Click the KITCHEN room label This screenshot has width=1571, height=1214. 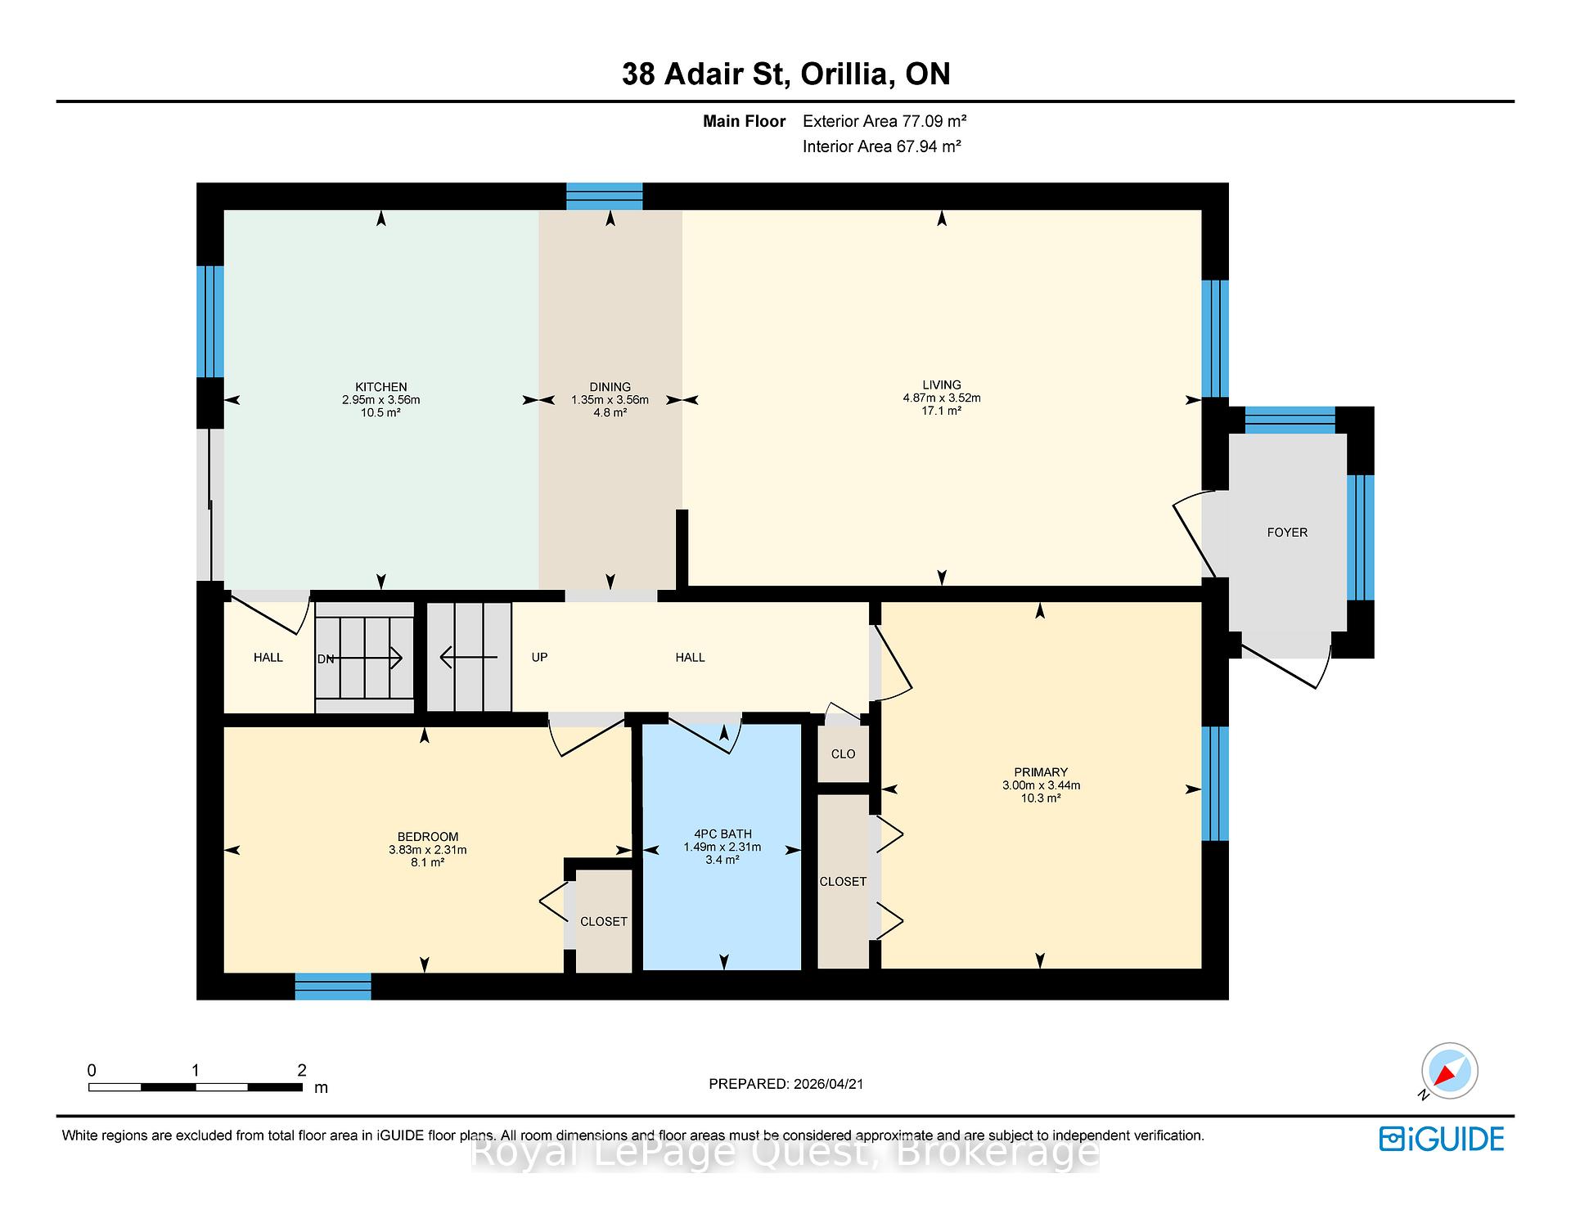pyautogui.click(x=380, y=387)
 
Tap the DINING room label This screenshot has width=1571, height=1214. pyautogui.click(x=610, y=387)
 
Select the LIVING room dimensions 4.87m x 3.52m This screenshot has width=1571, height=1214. pyautogui.click(x=942, y=398)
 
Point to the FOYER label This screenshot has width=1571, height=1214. pyautogui.click(x=1287, y=533)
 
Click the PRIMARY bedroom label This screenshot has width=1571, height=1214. pyautogui.click(x=1041, y=772)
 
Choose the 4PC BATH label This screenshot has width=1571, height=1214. pyautogui.click(x=722, y=834)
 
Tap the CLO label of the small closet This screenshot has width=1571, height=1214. pyautogui.click(x=843, y=754)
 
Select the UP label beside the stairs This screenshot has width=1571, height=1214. pyautogui.click(x=539, y=658)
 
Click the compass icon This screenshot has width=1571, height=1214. pyautogui.click(x=1449, y=1071)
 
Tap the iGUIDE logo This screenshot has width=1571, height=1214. pyautogui.click(x=1442, y=1139)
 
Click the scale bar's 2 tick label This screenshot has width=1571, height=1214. pyautogui.click(x=302, y=1070)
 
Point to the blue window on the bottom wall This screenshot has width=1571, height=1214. pyautogui.click(x=333, y=987)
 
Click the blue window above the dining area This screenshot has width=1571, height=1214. pyautogui.click(x=605, y=196)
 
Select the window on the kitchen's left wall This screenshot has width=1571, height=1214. pyautogui.click(x=210, y=321)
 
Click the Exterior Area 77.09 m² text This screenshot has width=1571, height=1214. pyautogui.click(x=885, y=121)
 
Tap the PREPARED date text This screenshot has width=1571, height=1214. pyautogui.click(x=786, y=1084)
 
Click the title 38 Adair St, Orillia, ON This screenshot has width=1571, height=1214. pyautogui.click(x=786, y=74)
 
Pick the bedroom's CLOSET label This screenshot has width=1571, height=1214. pyautogui.click(x=604, y=922)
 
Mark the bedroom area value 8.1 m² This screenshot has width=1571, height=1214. pyautogui.click(x=427, y=862)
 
